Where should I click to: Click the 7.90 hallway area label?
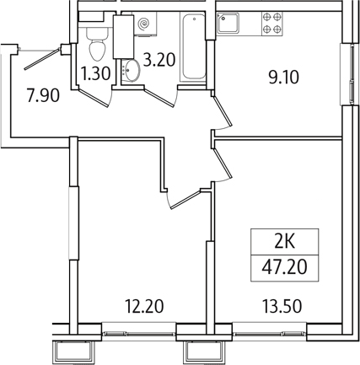[x=43, y=94]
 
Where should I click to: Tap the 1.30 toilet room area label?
[x=95, y=74]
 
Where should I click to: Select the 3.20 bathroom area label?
[x=159, y=60]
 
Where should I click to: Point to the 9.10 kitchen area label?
[x=283, y=77]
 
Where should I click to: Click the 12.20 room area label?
[x=144, y=306]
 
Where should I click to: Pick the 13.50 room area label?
[x=282, y=306]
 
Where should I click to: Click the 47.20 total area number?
[x=284, y=267]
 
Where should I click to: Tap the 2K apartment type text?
[x=285, y=242]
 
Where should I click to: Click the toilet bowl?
[x=97, y=45]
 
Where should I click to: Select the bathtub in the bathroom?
[x=194, y=47]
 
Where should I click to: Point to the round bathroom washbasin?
[x=131, y=70]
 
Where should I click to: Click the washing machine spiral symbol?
[x=145, y=24]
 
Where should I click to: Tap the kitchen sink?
[x=228, y=23]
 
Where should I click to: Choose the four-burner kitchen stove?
[x=272, y=24]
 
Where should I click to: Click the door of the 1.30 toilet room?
[x=94, y=98]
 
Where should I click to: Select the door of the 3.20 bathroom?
[x=159, y=98]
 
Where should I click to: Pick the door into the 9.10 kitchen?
[x=223, y=111]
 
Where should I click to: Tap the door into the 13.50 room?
[x=223, y=164]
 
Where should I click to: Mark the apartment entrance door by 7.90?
[x=42, y=59]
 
